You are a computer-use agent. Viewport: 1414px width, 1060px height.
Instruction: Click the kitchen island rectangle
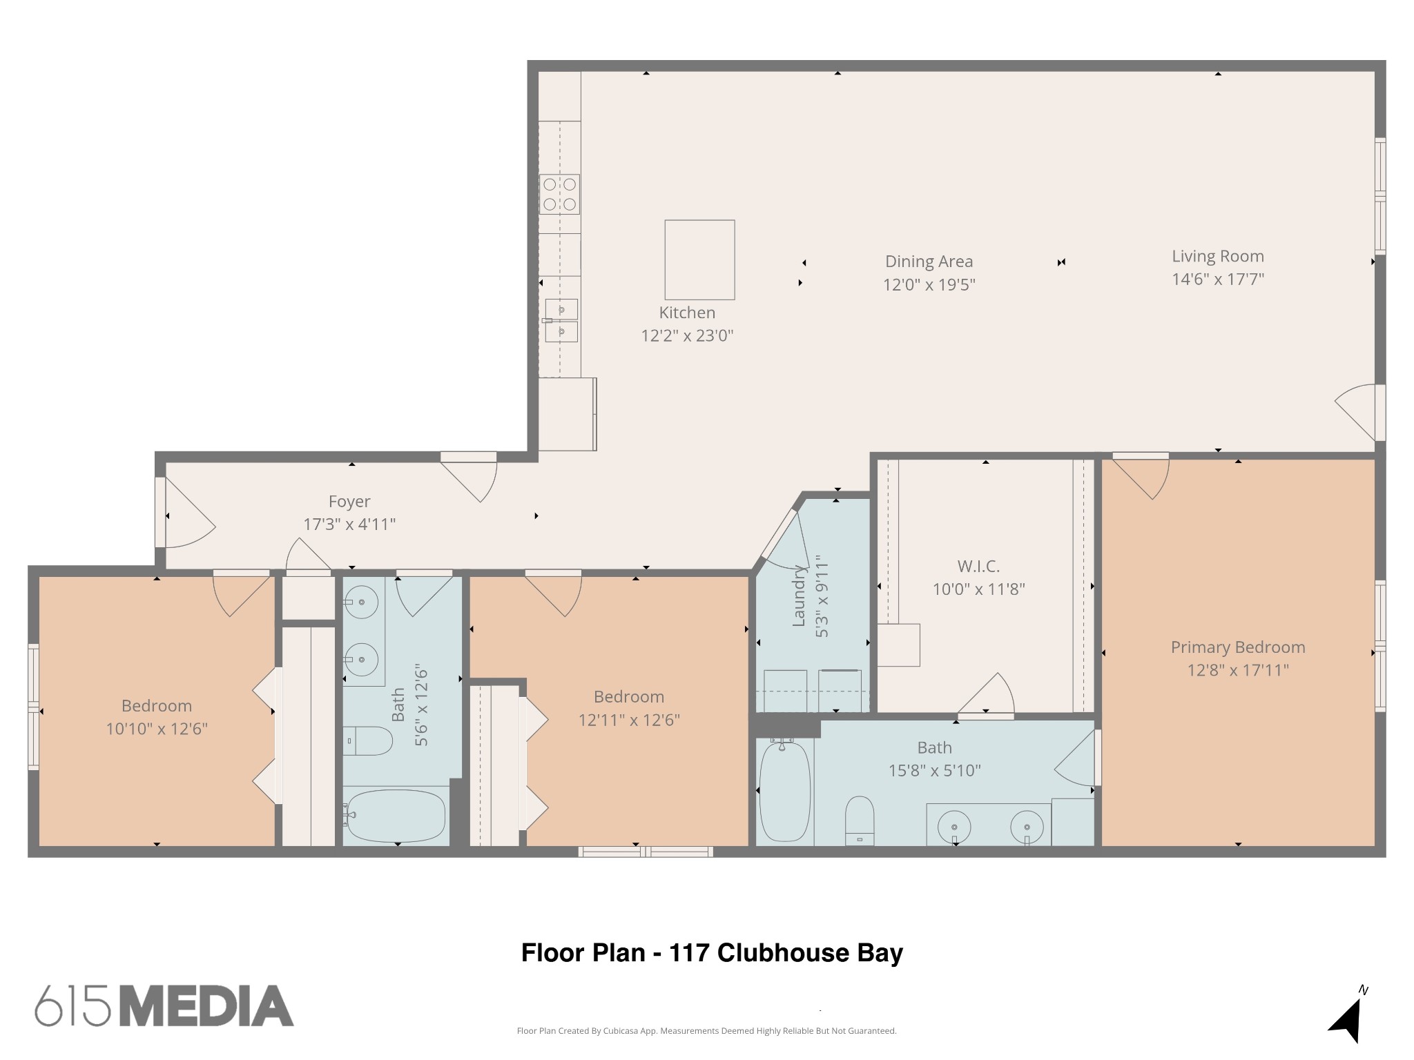point(699,259)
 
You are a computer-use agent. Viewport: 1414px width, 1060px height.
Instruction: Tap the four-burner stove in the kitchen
point(559,195)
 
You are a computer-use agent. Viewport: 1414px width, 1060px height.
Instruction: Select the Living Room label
point(1217,256)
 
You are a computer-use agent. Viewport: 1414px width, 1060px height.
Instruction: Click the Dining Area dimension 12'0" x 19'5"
point(929,284)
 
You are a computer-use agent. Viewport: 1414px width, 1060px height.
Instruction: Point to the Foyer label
point(349,501)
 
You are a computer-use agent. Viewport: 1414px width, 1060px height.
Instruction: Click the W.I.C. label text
point(978,566)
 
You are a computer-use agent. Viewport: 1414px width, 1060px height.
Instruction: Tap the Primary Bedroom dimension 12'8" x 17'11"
point(1238,670)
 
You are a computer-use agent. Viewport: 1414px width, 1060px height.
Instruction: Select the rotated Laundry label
point(799,597)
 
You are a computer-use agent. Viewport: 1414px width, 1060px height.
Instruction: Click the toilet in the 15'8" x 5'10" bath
point(860,820)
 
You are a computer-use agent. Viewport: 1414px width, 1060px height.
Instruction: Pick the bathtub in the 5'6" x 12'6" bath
point(395,816)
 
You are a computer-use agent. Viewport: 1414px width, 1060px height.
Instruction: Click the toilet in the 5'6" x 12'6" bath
point(368,740)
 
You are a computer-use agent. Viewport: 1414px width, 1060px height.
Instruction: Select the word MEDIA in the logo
point(207,1006)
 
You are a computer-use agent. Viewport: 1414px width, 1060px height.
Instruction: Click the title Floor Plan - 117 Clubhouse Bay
point(712,953)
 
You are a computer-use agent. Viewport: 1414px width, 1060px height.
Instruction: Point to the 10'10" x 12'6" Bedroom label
point(157,706)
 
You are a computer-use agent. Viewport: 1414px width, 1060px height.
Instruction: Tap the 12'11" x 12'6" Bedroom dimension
point(629,720)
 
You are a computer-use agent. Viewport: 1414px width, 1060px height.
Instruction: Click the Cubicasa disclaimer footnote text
point(706,1031)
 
